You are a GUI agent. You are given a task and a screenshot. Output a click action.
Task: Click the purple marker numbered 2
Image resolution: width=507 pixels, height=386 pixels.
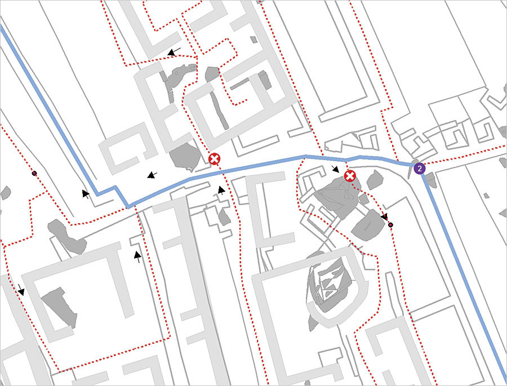(x=419, y=168)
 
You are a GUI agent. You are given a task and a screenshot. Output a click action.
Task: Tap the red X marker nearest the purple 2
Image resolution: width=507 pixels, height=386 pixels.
(x=350, y=176)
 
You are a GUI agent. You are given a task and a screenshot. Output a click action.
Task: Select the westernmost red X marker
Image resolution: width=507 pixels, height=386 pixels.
(x=214, y=159)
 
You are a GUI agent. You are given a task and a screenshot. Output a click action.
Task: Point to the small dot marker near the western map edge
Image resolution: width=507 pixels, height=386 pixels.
(x=34, y=173)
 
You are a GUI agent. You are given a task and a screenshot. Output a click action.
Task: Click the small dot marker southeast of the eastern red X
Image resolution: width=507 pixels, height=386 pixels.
(x=391, y=225)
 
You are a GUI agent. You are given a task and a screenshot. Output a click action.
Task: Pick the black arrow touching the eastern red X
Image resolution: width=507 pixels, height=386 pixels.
(x=336, y=169)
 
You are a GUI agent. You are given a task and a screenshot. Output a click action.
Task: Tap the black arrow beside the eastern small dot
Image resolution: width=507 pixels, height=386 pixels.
(x=384, y=216)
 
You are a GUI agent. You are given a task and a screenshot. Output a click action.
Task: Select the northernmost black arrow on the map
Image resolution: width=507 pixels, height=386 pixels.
(x=174, y=52)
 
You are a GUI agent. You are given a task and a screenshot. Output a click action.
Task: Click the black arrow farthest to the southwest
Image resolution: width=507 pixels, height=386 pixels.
(x=21, y=290)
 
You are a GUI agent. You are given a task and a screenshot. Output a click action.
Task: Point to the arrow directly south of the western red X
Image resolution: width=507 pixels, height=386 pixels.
(x=221, y=190)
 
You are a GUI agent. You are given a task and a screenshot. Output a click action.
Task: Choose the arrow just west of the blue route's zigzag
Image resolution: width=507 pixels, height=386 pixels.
(x=86, y=194)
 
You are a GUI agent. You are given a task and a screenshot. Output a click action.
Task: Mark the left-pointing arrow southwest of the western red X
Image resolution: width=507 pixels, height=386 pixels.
(x=152, y=175)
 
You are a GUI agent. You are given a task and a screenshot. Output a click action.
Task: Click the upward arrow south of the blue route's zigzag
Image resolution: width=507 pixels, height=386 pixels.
(x=137, y=257)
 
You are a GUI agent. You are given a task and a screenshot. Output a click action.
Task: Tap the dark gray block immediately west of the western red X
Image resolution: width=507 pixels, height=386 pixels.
(x=183, y=155)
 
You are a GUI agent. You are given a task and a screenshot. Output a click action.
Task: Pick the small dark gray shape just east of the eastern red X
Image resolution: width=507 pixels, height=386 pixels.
(x=375, y=180)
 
